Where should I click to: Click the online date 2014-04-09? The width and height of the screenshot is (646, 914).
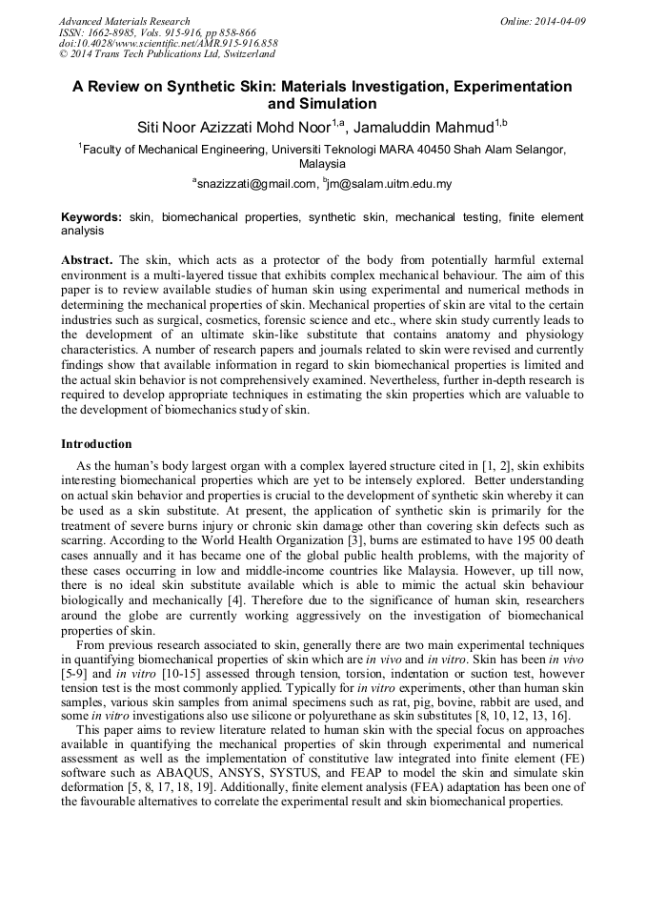[x=560, y=21]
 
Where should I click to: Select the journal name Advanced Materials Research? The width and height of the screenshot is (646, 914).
[x=124, y=21]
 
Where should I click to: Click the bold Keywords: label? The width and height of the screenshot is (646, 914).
[x=92, y=217]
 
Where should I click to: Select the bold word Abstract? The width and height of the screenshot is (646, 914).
[x=87, y=260]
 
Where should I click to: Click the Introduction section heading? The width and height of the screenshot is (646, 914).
[x=96, y=444]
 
